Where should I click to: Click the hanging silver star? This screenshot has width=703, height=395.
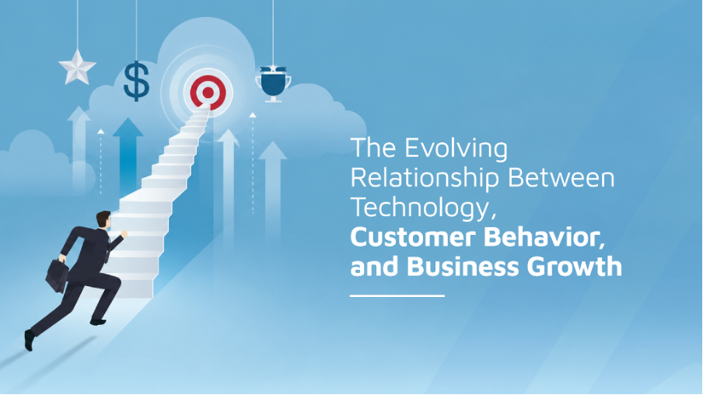pos(77,68)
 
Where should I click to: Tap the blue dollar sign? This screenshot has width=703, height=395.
pos(136,81)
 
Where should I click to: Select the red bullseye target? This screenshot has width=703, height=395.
pos(208,93)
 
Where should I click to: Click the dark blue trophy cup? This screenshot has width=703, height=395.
pos(273,83)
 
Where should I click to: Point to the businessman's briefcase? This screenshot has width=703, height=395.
pos(57,276)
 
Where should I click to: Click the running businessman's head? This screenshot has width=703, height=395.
pos(103,220)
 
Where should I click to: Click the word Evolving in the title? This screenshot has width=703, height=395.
pos(456,149)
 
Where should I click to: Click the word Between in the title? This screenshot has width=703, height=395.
pos(561,177)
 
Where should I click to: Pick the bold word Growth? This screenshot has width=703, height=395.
pos(575,267)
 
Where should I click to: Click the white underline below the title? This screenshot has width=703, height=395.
pos(397,296)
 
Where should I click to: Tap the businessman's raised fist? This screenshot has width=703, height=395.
pos(124,233)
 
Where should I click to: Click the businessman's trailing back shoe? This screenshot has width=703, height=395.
pos(29,341)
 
